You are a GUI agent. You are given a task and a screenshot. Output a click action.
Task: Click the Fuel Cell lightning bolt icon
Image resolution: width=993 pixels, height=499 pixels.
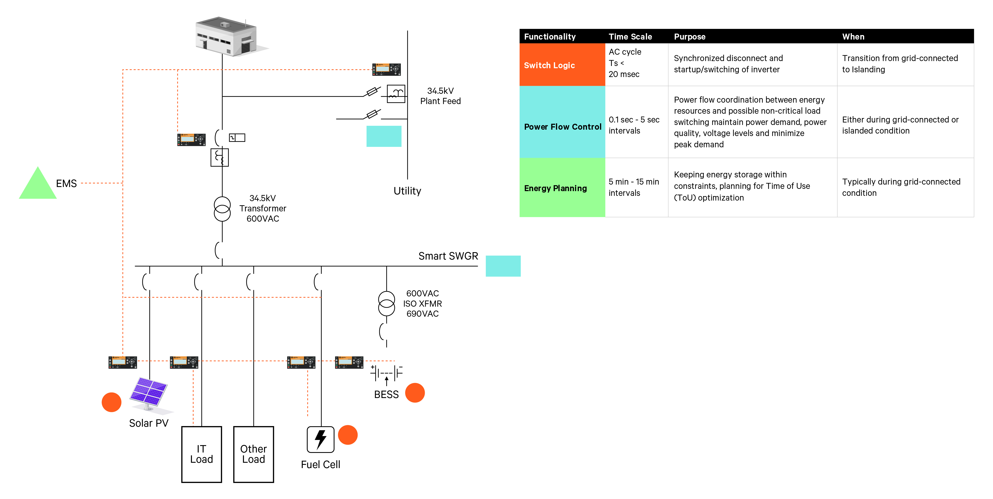point(320,439)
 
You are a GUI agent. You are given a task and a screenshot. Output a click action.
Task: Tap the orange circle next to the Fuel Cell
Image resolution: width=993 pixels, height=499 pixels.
point(348,435)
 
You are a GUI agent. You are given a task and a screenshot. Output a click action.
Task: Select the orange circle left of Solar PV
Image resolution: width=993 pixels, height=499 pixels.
point(111,402)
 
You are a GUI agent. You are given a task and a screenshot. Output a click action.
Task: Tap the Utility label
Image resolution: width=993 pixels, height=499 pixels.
point(407,191)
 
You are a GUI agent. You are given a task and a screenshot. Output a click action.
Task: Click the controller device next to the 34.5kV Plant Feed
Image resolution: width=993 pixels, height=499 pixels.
point(386,69)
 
